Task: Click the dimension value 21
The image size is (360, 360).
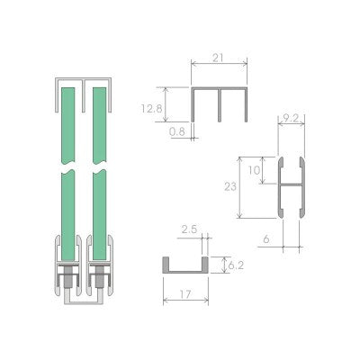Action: coord(219,58)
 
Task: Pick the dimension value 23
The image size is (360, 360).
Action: coord(230,186)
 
